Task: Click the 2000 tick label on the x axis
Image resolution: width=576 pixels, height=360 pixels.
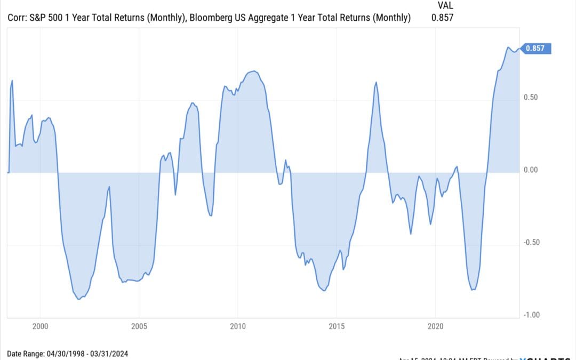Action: pos(40,326)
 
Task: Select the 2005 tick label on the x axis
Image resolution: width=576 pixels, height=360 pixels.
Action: pos(139,326)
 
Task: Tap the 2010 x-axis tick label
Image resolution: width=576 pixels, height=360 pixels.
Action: pos(238,326)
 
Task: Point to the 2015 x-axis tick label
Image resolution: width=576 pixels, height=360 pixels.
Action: pos(337,326)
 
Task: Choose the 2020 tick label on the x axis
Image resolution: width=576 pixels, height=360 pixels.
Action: pos(436,326)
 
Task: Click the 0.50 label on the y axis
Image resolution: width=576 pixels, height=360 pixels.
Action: pos(532,98)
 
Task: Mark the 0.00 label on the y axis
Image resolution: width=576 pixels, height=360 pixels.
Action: pos(532,170)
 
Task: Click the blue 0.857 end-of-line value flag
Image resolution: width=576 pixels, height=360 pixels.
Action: pos(535,49)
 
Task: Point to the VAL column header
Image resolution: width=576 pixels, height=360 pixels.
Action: pos(445,5)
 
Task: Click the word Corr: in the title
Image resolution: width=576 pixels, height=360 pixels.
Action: pos(18,18)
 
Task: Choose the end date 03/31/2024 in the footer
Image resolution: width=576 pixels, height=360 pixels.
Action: pos(109,354)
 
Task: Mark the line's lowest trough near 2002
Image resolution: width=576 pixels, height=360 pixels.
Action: pos(79,299)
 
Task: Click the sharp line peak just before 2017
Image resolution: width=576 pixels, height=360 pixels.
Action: pos(377,82)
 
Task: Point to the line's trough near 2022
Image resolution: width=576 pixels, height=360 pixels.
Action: pos(473,290)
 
